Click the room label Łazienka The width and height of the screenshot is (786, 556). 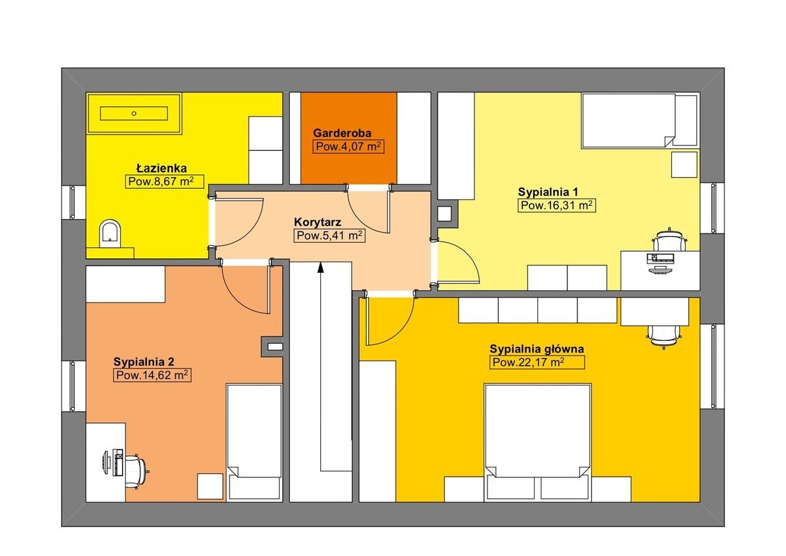pos(161,169)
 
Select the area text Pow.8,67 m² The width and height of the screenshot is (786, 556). pos(165,182)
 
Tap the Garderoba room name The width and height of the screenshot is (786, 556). pos(342,133)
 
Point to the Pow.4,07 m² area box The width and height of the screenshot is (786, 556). pos(349,147)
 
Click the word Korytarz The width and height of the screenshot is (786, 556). pos(318,222)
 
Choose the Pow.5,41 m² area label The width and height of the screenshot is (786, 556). pos(329,235)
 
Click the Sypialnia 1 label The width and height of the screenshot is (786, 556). pos(548,192)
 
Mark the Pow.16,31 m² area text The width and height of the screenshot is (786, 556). pos(557,205)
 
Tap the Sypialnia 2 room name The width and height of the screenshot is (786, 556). pos(144,362)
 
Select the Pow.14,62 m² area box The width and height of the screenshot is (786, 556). pos(152,375)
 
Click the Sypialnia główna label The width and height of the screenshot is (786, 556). pos(537,349)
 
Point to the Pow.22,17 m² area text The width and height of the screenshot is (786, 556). pos(537,363)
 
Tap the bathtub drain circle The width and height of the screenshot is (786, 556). pos(134,113)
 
